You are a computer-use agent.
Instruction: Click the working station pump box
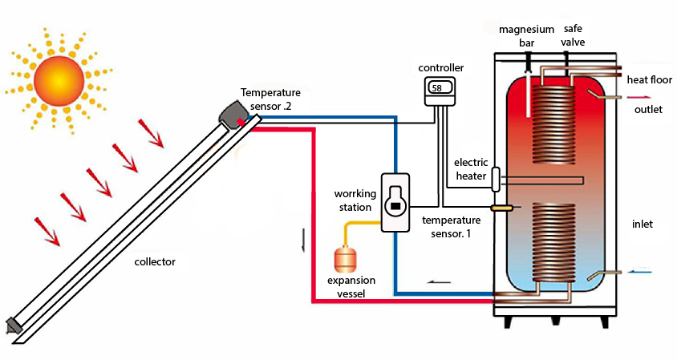395,203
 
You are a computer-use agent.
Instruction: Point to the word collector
155,261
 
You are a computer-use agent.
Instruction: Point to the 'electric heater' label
471,169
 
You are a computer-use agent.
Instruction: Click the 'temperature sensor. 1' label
451,225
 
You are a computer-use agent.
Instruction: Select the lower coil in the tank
554,241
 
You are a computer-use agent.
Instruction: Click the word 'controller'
441,67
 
